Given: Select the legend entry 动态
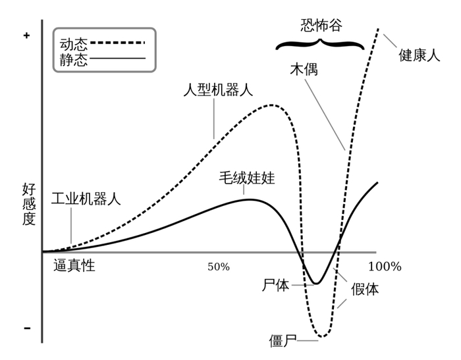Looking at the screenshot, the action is [73, 44].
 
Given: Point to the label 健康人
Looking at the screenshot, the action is [419, 56].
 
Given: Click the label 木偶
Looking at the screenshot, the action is [304, 69].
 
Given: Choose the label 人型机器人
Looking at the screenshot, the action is [217, 90].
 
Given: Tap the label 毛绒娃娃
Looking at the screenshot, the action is [247, 178].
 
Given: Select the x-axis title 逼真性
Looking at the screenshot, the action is [74, 266].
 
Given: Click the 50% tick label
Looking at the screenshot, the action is [219, 267].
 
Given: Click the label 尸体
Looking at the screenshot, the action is [275, 285].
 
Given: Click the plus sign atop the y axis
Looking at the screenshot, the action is [26, 36].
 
